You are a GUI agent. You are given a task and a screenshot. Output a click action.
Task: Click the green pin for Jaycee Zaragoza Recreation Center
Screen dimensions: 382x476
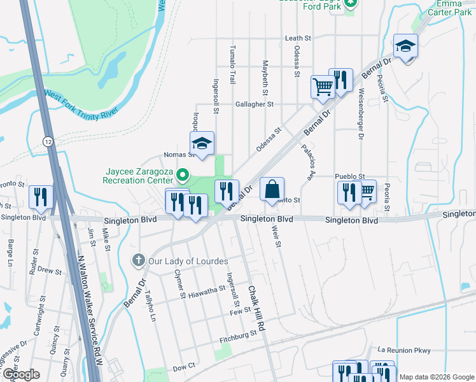183,174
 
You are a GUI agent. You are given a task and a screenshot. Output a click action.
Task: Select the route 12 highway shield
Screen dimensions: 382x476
48,140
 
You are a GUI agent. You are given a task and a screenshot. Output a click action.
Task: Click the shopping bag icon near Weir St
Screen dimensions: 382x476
272,189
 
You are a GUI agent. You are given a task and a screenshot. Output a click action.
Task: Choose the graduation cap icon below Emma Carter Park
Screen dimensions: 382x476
405,46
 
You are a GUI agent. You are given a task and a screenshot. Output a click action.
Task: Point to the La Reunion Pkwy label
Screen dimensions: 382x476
404,350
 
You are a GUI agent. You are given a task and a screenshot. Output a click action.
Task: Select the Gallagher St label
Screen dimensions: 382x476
254,104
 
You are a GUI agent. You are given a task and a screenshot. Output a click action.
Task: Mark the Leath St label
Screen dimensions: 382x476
298,38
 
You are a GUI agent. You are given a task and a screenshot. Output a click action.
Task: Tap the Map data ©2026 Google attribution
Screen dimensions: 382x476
436,377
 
